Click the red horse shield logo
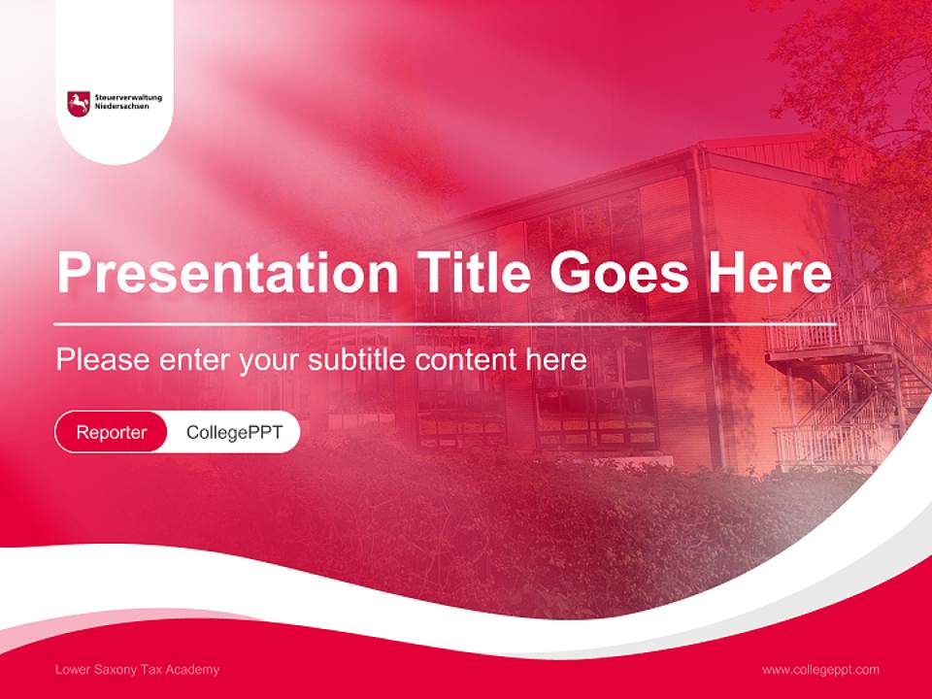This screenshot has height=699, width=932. [x=79, y=103]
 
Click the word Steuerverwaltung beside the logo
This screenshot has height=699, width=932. [x=128, y=97]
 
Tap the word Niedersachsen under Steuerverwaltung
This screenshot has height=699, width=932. [x=122, y=106]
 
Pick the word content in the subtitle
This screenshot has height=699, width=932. [x=470, y=360]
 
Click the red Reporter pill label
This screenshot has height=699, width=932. [x=112, y=432]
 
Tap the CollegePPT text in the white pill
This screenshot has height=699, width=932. [x=234, y=432]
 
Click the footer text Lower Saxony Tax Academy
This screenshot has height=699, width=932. [x=137, y=670]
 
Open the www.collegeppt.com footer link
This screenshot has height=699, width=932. [x=820, y=670]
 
